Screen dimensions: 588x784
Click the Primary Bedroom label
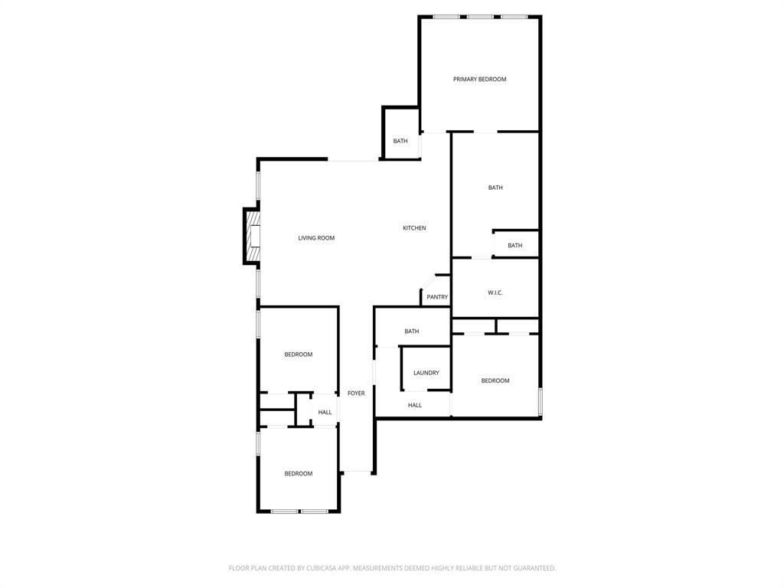pyautogui.click(x=479, y=80)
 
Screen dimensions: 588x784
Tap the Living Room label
pyautogui.click(x=316, y=238)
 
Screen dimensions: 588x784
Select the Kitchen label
pyautogui.click(x=414, y=228)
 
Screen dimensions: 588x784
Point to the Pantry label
pyautogui.click(x=437, y=297)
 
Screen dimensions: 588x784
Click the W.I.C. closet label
pyautogui.click(x=495, y=292)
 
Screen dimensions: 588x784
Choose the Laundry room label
pyautogui.click(x=426, y=373)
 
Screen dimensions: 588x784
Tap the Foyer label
pyautogui.click(x=356, y=394)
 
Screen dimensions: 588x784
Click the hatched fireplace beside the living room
pyautogui.click(x=253, y=236)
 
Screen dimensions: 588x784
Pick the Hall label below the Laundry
pyautogui.click(x=415, y=405)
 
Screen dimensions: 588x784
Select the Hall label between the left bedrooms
pyautogui.click(x=325, y=412)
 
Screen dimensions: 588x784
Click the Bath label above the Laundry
pyautogui.click(x=412, y=332)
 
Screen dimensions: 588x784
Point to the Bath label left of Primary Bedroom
pyautogui.click(x=400, y=141)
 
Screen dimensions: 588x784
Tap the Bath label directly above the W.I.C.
pyautogui.click(x=515, y=246)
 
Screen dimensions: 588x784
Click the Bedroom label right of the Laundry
pyautogui.click(x=495, y=381)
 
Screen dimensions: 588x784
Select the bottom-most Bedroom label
pyautogui.click(x=299, y=474)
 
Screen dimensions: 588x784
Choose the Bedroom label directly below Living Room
pyautogui.click(x=299, y=354)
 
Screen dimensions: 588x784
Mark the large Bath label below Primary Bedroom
pyautogui.click(x=495, y=188)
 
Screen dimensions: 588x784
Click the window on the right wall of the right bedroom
pyautogui.click(x=541, y=401)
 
